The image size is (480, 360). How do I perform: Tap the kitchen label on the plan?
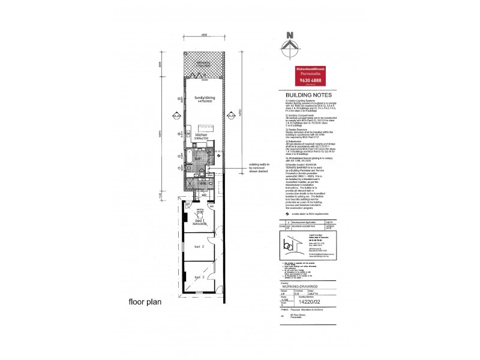(x=200, y=136)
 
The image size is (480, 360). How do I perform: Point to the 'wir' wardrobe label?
(x=205, y=194)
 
